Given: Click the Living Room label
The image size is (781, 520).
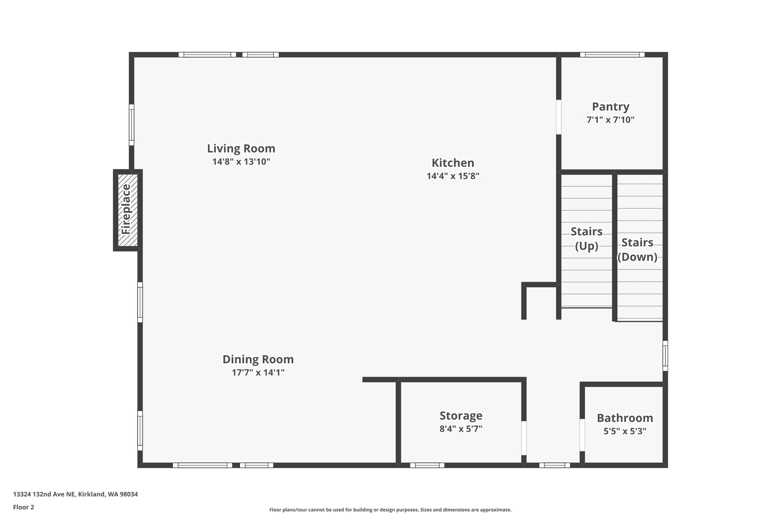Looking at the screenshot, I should [241, 148].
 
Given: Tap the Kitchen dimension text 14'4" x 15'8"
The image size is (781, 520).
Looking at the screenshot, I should [453, 176].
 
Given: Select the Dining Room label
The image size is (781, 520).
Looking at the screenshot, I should [258, 359].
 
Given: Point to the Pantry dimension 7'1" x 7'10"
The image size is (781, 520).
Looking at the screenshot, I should [610, 120].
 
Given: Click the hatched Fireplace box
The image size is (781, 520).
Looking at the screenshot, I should [127, 210].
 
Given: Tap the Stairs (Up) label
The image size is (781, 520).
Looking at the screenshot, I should [586, 238].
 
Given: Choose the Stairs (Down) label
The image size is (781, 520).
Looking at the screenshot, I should [637, 250].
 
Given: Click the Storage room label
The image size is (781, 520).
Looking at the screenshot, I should [461, 415].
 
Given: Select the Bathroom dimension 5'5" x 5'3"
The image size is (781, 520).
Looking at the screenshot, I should [625, 431].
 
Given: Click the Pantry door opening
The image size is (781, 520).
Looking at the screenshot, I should [559, 117].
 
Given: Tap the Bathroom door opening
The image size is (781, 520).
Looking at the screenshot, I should [582, 435].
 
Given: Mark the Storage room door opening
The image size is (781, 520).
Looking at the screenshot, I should [524, 438].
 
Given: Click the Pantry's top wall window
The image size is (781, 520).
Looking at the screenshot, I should [612, 55].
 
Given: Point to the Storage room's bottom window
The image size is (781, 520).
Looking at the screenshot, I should [427, 465].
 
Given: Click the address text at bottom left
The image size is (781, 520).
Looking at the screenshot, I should [75, 494].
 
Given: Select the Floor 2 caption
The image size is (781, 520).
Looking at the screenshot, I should [24, 507].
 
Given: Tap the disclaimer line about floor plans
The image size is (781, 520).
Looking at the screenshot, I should [390, 510].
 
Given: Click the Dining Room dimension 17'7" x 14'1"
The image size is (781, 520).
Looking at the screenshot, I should [258, 373].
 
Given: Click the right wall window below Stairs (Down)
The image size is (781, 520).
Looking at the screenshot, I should [665, 355].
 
